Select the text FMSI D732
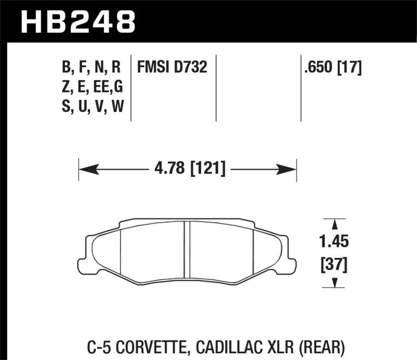point(172,67)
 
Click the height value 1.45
point(335,242)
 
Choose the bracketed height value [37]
point(335,266)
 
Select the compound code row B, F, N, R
point(91,67)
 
